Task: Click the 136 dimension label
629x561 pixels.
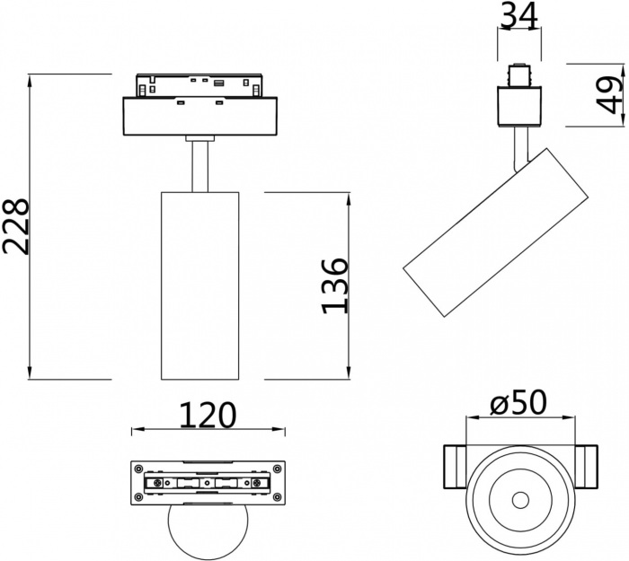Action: click(x=335, y=285)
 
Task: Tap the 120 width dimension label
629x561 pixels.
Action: click(x=208, y=416)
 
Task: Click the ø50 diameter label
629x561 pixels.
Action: click(x=520, y=404)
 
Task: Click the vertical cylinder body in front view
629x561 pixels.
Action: click(x=199, y=285)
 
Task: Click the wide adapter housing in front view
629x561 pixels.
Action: click(x=199, y=116)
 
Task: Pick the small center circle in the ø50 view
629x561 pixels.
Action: click(x=520, y=500)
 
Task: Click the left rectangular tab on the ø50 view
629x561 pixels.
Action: click(x=455, y=467)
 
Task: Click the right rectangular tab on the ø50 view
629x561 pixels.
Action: click(x=587, y=467)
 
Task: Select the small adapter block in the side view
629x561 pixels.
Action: click(x=520, y=107)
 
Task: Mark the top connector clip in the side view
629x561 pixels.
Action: click(x=519, y=73)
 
